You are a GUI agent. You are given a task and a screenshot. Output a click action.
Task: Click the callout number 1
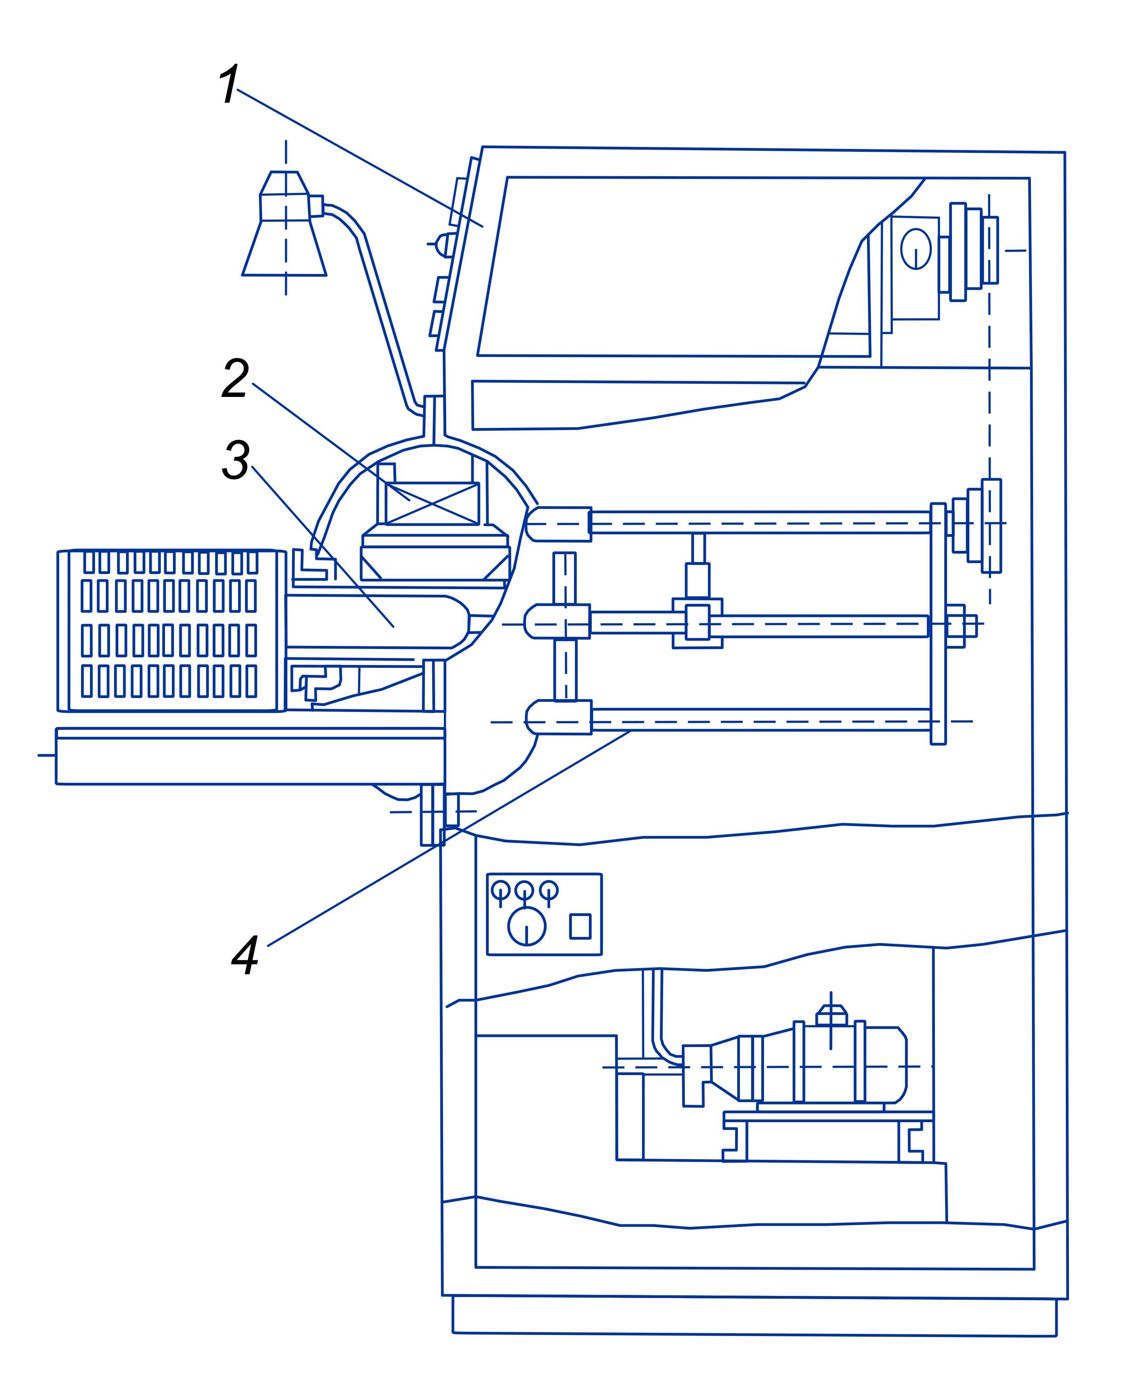229,85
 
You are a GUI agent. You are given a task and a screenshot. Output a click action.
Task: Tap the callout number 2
235,378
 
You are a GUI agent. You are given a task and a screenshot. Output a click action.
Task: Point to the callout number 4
246,955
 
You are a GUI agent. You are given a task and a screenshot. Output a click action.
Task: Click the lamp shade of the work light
284,248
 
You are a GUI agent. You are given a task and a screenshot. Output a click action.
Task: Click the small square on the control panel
580,926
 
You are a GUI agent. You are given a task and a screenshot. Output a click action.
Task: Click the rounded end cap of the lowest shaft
541,717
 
